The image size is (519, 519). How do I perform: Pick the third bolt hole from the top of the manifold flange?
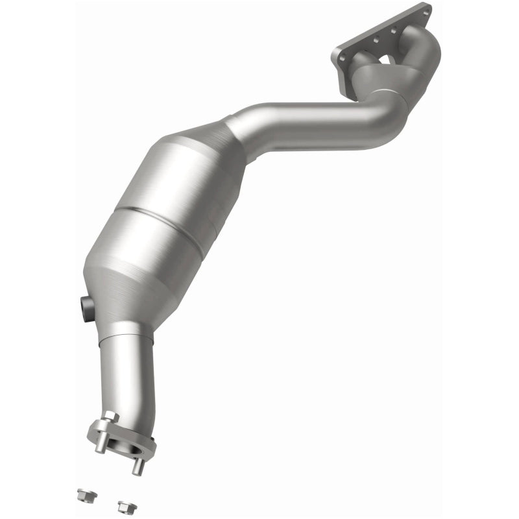(x=376, y=39)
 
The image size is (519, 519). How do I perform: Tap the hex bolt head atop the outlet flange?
(x=110, y=416)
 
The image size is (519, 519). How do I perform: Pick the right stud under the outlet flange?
(x=138, y=465)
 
